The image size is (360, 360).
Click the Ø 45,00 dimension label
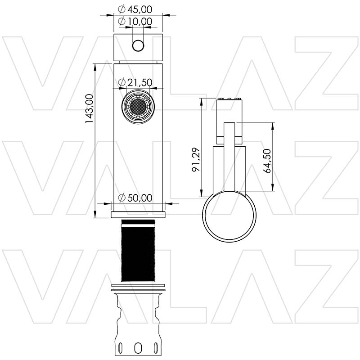(135, 9)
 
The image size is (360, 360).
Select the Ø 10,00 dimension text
(135, 21)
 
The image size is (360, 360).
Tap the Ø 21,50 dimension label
(135, 82)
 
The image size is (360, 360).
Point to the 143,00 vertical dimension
(89, 108)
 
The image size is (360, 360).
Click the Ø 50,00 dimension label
(135, 198)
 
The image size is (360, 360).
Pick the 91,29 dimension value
(196, 160)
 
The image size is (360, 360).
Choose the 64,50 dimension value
(267, 161)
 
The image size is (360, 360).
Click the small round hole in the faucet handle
(138, 45)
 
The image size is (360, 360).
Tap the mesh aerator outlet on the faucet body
(138, 106)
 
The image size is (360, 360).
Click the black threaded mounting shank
(138, 251)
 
